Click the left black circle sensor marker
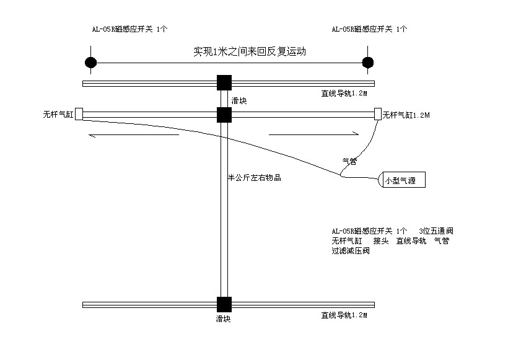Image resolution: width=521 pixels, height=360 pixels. point(91,62)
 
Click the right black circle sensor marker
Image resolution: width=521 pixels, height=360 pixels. point(367,62)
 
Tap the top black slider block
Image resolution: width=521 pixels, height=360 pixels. point(224,83)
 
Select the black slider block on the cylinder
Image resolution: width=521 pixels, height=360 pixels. point(224,115)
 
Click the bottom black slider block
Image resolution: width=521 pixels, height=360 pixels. point(224,304)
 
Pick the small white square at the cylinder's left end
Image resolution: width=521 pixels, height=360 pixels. point(79,114)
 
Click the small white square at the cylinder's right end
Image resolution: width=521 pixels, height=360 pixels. point(378,113)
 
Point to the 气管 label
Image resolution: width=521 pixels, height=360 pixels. point(350,161)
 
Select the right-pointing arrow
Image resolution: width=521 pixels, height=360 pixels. point(313,133)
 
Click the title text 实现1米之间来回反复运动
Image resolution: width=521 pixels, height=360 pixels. point(250,52)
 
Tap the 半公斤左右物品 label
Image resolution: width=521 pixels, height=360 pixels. point(255,178)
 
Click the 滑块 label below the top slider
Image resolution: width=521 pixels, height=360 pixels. point(239,100)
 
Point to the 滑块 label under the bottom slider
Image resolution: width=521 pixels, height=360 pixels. point(223,318)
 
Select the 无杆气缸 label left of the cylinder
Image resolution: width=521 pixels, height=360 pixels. point(58,115)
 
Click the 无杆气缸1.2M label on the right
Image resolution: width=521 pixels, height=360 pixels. point(406,115)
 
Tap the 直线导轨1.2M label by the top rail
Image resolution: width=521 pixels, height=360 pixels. point(344,94)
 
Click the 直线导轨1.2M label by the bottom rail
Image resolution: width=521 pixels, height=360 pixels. point(344,315)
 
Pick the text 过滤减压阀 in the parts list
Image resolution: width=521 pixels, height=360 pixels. point(351,251)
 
